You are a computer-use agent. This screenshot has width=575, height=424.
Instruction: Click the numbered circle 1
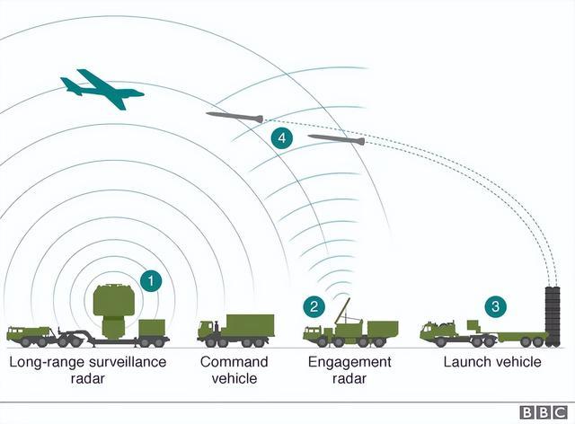(151, 280)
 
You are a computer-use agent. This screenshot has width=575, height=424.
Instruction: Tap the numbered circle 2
(314, 306)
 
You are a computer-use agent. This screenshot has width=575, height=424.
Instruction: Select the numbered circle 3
(495, 306)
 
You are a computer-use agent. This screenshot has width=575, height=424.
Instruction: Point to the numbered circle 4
(282, 137)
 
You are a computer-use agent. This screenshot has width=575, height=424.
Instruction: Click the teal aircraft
(101, 88)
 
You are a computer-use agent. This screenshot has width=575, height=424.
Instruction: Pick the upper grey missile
(234, 116)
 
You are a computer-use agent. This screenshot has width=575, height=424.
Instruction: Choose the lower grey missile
(336, 139)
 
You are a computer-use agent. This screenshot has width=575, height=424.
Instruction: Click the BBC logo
(543, 412)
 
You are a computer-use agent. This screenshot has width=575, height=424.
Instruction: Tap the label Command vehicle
(234, 370)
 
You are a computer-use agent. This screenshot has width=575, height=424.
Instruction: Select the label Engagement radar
(350, 370)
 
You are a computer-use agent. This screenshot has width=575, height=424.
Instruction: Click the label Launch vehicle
(492, 362)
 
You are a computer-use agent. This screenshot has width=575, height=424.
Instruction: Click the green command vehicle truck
(235, 331)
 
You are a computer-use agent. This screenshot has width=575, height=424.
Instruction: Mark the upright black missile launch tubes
(551, 314)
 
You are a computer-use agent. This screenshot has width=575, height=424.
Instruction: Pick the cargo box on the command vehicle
(249, 325)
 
